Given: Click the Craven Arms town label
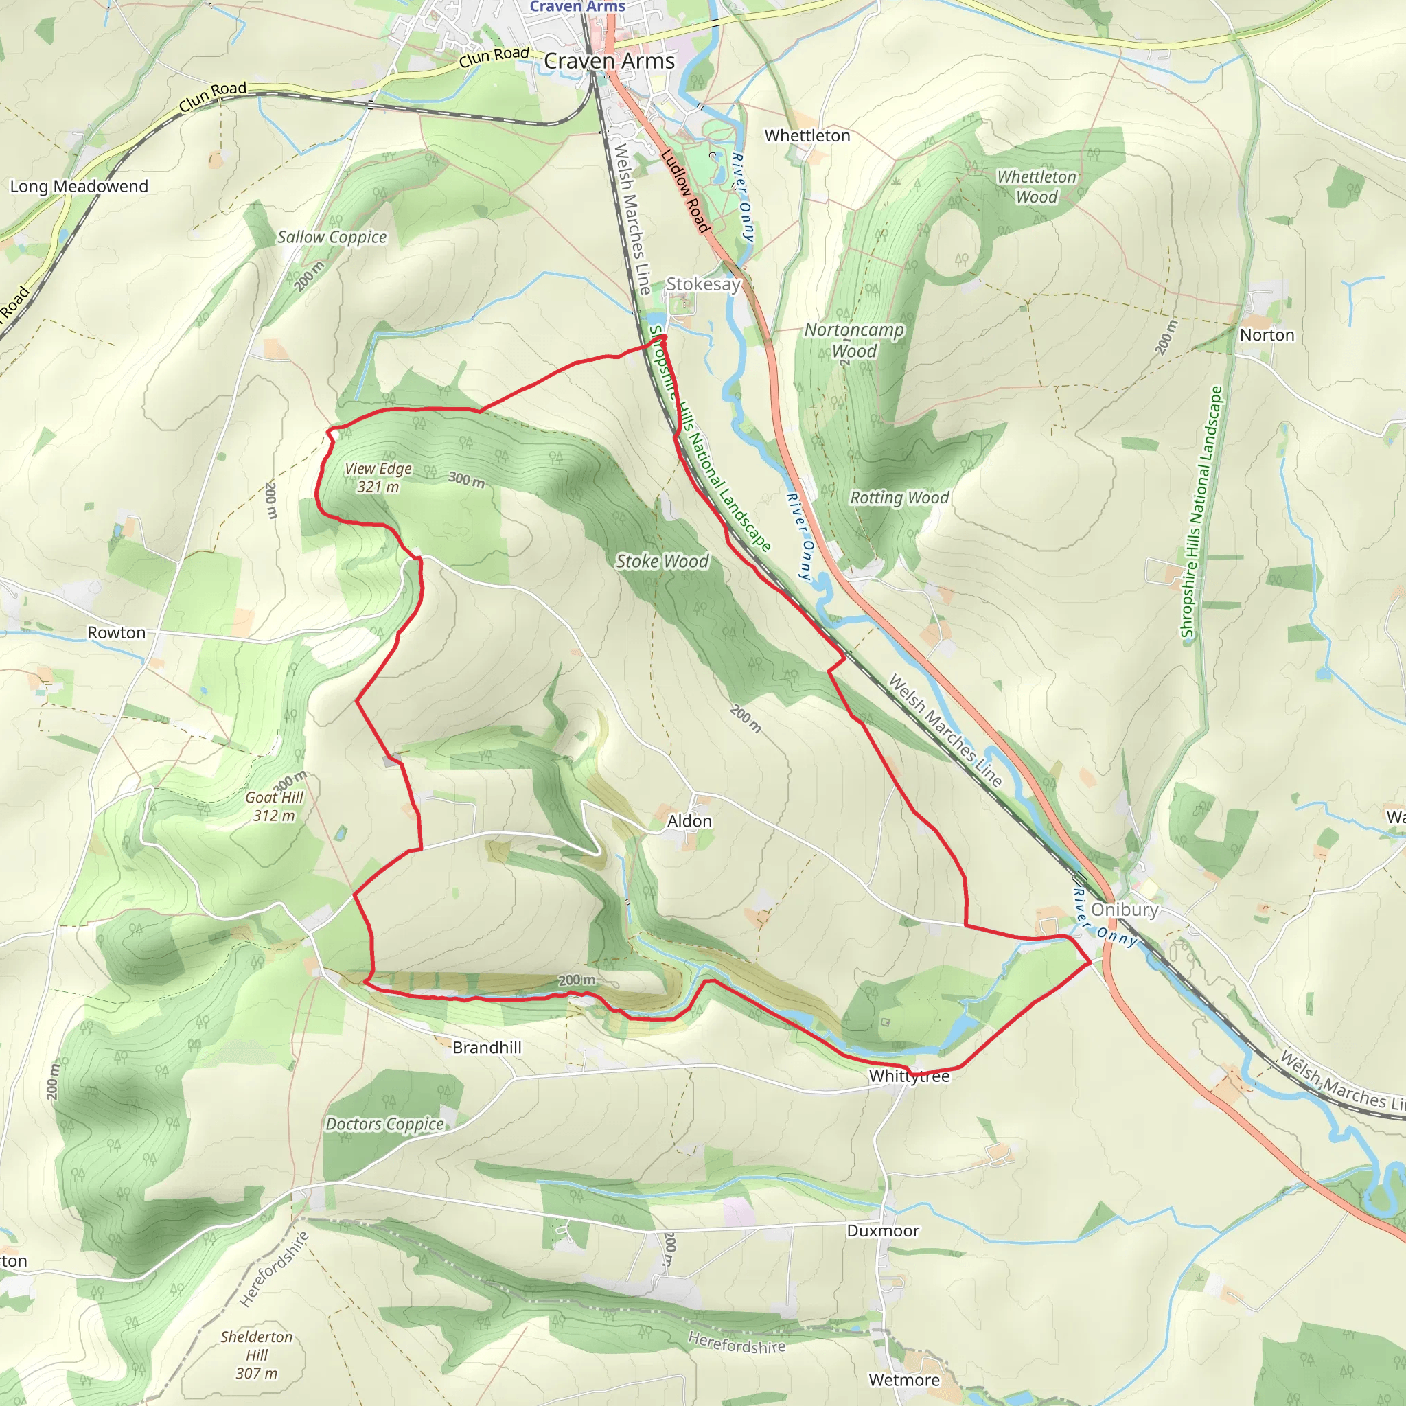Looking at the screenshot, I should tap(609, 61).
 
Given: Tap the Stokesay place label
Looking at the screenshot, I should tap(703, 284).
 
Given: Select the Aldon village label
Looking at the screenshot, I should tap(689, 821).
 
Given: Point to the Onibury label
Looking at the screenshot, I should tap(1125, 910).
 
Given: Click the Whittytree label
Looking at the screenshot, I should tap(909, 1076).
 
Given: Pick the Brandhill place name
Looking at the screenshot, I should tap(487, 1047).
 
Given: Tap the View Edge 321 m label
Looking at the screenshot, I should tap(378, 477).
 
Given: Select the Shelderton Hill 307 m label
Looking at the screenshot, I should tap(256, 1355).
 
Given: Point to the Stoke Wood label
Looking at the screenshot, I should tap(662, 561).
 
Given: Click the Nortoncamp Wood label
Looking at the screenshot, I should tap(853, 340).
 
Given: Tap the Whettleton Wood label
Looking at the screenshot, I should tap(1036, 187).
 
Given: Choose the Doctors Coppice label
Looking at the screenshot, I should tap(384, 1125).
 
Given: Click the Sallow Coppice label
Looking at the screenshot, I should tap(332, 238).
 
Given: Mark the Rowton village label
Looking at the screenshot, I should tap(117, 632).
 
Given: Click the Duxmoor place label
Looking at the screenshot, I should tap(883, 1231).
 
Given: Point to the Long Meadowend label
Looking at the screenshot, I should tap(78, 186).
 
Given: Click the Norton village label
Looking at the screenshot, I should tap(1267, 335).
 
